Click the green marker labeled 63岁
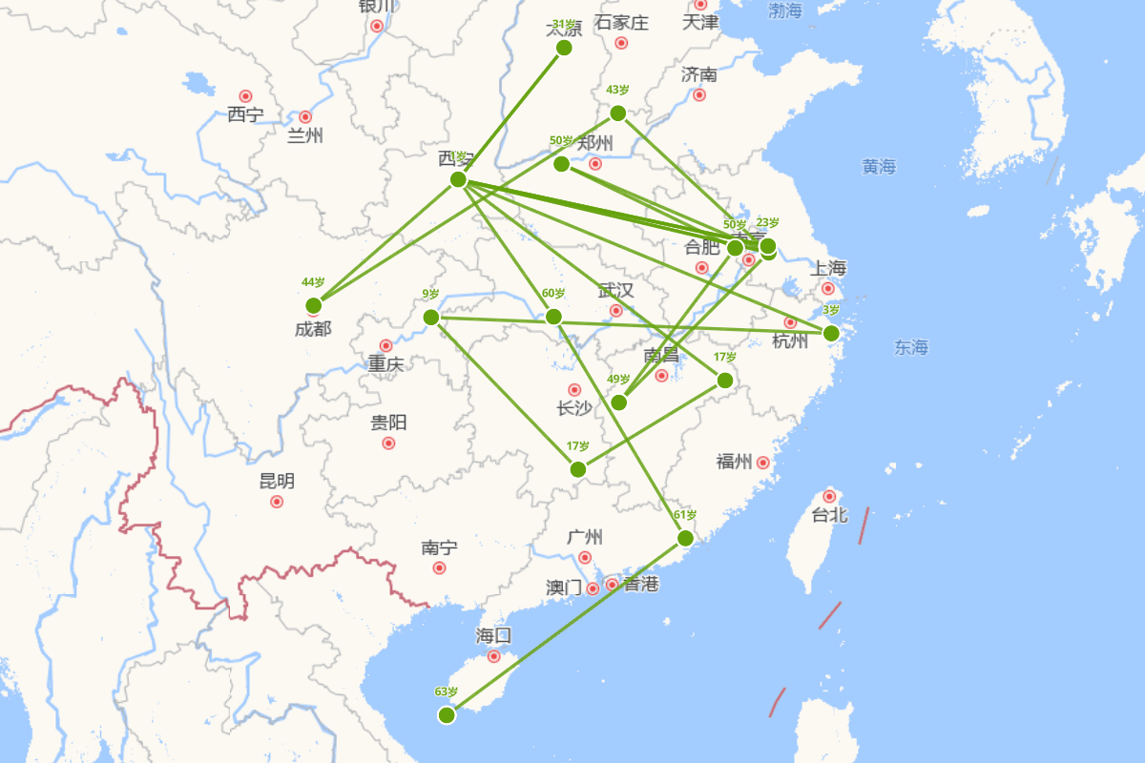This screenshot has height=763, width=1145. [447, 714]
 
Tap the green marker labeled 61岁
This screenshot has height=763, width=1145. [684, 538]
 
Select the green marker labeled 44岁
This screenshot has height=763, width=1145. [313, 305]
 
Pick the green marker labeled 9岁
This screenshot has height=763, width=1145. [430, 317]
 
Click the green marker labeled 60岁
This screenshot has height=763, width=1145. [553, 317]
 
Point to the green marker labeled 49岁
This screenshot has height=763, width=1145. [618, 402]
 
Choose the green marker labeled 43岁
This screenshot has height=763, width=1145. [617, 113]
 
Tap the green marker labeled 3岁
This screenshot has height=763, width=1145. [831, 333]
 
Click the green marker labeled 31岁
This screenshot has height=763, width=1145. [564, 48]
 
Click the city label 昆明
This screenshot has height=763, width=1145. [277, 481]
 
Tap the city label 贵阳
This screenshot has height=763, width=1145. [389, 423]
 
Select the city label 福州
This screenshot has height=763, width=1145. [735, 462]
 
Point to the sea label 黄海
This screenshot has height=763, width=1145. [879, 167]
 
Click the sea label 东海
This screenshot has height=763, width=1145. [911, 347]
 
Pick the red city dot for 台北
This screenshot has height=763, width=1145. [829, 496]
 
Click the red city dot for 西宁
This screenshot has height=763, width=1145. [245, 96]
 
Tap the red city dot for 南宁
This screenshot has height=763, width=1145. [439, 567]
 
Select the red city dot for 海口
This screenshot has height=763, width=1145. [493, 656]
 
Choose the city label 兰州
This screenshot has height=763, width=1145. [304, 135]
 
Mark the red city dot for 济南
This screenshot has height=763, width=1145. [699, 94]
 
